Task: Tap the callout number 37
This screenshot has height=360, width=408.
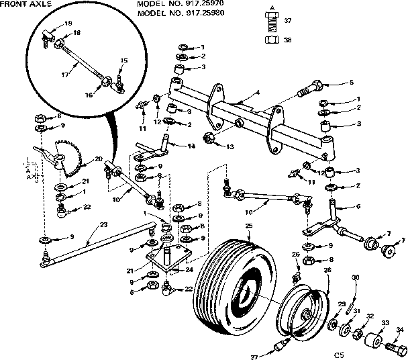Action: click(287, 21)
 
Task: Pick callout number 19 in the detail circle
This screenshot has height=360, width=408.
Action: click(68, 24)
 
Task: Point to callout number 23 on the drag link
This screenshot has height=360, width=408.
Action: click(103, 226)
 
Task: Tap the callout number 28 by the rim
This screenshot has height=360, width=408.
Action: click(327, 270)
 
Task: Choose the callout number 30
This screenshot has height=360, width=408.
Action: click(356, 277)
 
